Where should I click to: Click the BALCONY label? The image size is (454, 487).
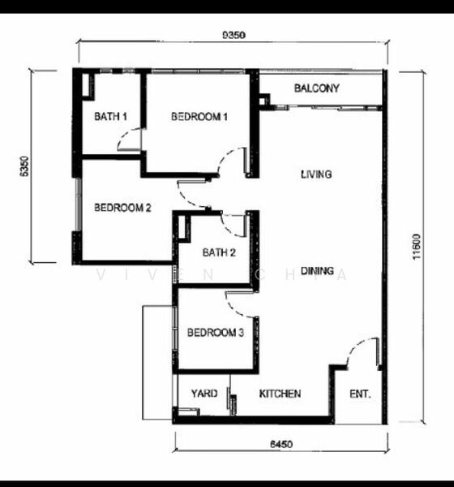[316, 88]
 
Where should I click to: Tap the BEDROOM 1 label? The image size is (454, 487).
[199, 117]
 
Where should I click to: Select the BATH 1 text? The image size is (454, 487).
[110, 117]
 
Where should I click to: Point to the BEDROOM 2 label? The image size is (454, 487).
[122, 208]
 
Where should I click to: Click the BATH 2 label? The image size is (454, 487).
[219, 252]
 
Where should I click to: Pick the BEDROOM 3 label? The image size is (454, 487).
[216, 333]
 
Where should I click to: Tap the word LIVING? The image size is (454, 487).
[316, 175]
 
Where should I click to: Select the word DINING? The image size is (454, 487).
[318, 271]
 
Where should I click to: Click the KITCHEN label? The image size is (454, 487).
[280, 394]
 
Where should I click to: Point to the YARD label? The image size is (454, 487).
[204, 394]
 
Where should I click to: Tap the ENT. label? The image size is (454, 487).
[360, 394]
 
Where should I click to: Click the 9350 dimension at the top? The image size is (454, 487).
[234, 35]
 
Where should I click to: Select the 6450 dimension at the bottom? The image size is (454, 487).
[281, 444]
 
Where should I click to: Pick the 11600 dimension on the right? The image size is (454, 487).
[417, 246]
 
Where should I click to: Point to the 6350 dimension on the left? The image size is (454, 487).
[24, 166]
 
